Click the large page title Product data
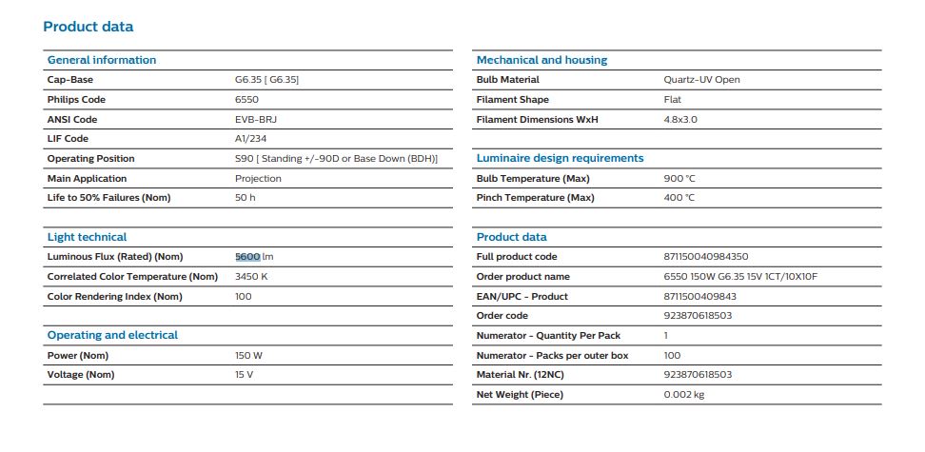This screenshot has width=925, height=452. click(89, 27)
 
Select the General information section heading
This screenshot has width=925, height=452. click(102, 60)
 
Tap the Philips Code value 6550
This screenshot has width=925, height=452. click(246, 100)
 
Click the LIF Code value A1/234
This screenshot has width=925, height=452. click(250, 139)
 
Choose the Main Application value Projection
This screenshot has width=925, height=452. click(258, 179)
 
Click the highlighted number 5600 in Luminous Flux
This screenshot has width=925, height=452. click(247, 257)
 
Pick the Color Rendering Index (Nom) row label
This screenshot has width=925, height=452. click(114, 297)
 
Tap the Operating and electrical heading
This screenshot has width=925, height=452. click(112, 335)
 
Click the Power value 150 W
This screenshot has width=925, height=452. click(248, 356)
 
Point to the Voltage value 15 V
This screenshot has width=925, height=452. click(244, 375)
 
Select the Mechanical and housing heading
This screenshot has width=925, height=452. click(541, 60)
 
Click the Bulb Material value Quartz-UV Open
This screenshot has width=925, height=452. click(701, 80)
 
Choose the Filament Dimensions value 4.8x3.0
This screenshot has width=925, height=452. click(680, 119)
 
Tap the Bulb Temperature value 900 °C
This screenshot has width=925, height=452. click(679, 178)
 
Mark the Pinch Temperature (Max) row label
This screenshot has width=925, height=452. click(535, 198)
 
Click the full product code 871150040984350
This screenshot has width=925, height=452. click(706, 257)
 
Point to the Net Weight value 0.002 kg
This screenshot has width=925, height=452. click(683, 395)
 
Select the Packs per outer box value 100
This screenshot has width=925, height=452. click(672, 356)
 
